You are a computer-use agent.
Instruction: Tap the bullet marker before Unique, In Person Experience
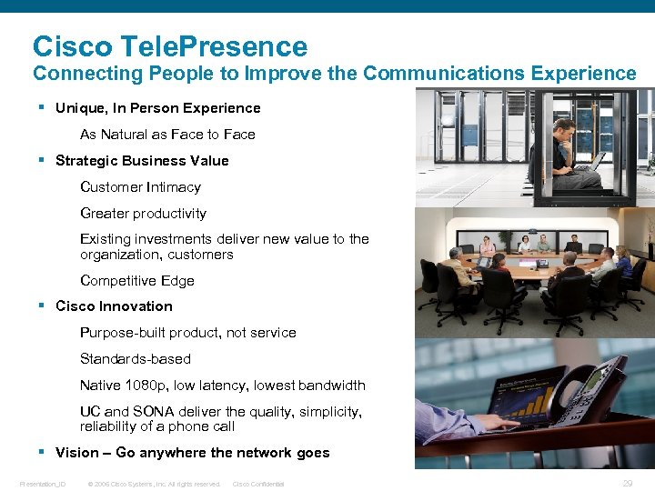click(43, 107)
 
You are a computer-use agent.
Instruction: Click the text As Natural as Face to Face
click(167, 135)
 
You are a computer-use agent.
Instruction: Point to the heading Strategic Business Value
click(142, 161)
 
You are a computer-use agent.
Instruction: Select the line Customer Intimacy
click(140, 187)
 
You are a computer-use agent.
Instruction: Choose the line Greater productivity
click(143, 214)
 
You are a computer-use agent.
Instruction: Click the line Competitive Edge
click(136, 281)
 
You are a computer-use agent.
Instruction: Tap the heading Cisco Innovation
click(114, 306)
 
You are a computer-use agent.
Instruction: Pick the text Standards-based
click(135, 359)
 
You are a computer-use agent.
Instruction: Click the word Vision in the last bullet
click(77, 453)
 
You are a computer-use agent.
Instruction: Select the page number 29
click(627, 484)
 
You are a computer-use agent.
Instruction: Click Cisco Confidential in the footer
click(258, 484)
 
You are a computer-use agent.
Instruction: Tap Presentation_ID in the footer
click(43, 484)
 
